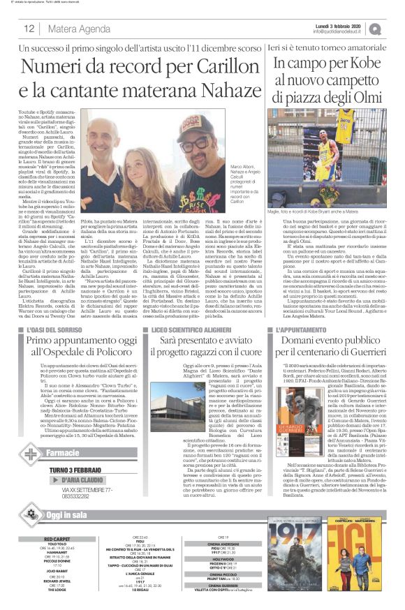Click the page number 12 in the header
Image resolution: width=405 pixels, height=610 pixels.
coord(29,29)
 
